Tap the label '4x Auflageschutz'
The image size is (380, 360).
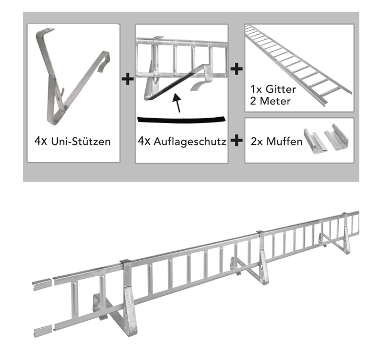(182, 142)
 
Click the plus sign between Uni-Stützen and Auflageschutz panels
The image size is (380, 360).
(128, 80)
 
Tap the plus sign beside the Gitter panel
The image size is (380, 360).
(237, 68)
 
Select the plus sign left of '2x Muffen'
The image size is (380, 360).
(237, 141)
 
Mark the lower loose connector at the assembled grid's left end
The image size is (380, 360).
(42, 331)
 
